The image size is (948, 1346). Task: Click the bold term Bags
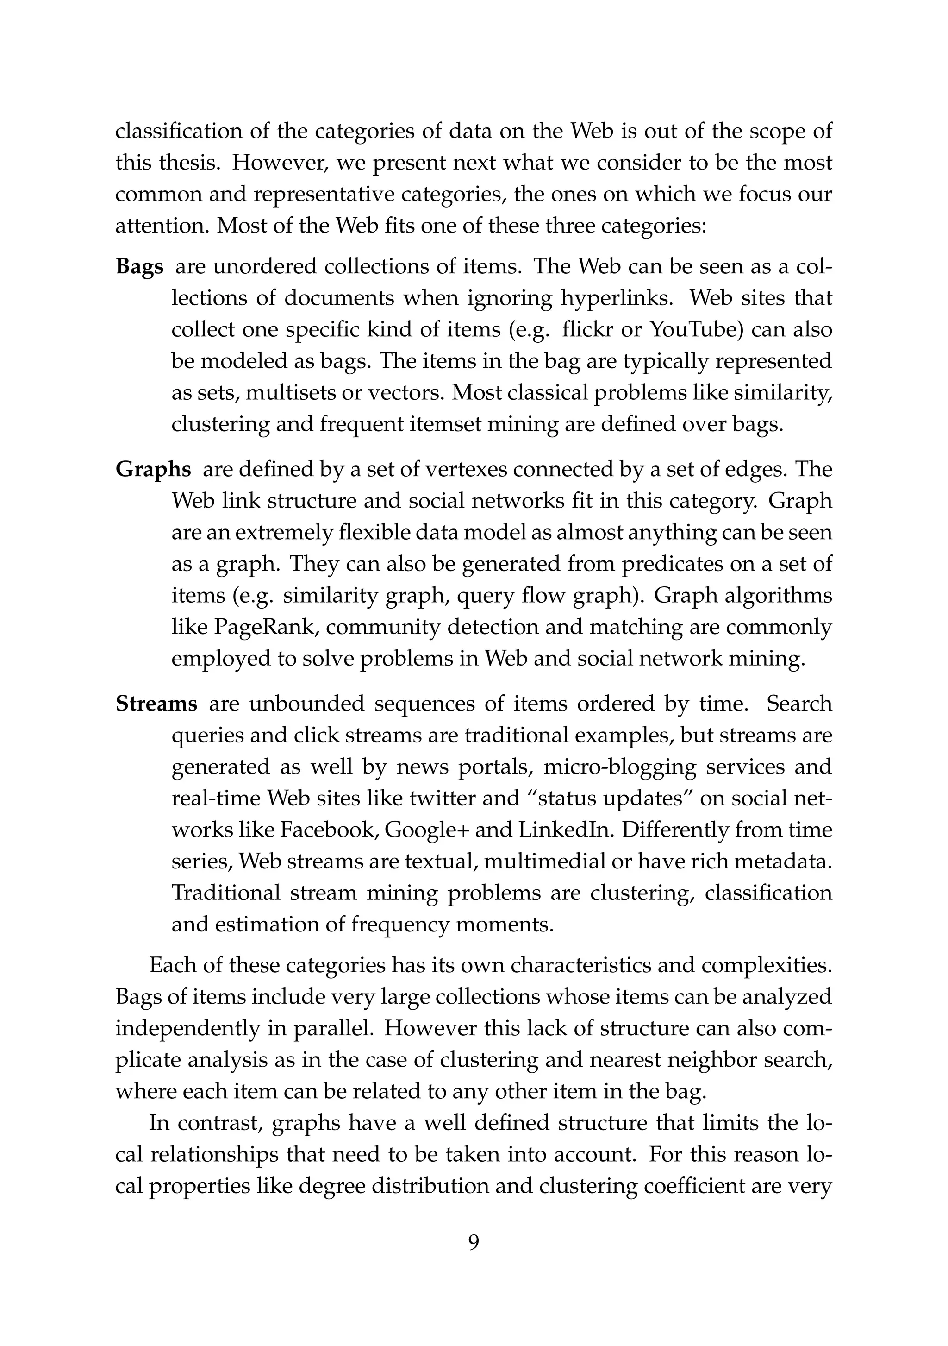coord(139,267)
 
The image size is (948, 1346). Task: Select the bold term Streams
coord(156,704)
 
